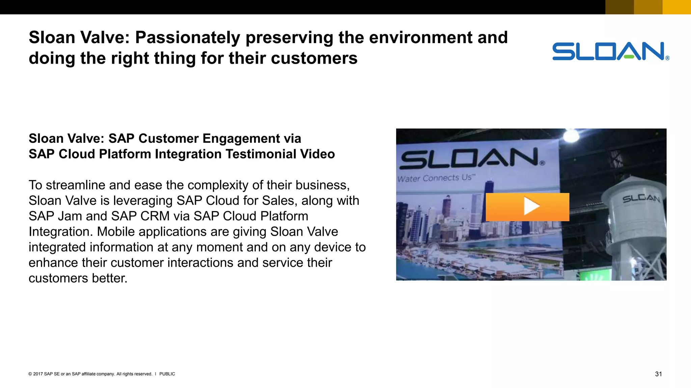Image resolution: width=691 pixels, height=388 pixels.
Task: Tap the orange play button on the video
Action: pyautogui.click(x=527, y=207)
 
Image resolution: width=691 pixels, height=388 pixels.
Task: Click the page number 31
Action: pyautogui.click(x=658, y=374)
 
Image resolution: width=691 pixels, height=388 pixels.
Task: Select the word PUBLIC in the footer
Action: pyautogui.click(x=167, y=374)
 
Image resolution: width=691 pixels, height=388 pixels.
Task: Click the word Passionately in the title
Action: pyautogui.click(x=188, y=38)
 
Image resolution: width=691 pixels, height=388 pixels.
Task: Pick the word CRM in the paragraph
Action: pyautogui.click(x=155, y=216)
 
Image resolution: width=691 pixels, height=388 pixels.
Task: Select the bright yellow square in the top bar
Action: pyautogui.click(x=676, y=7)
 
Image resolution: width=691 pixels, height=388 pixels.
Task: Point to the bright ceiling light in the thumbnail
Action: pyautogui.click(x=571, y=135)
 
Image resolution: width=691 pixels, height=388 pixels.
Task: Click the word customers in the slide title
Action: pyautogui.click(x=314, y=59)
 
